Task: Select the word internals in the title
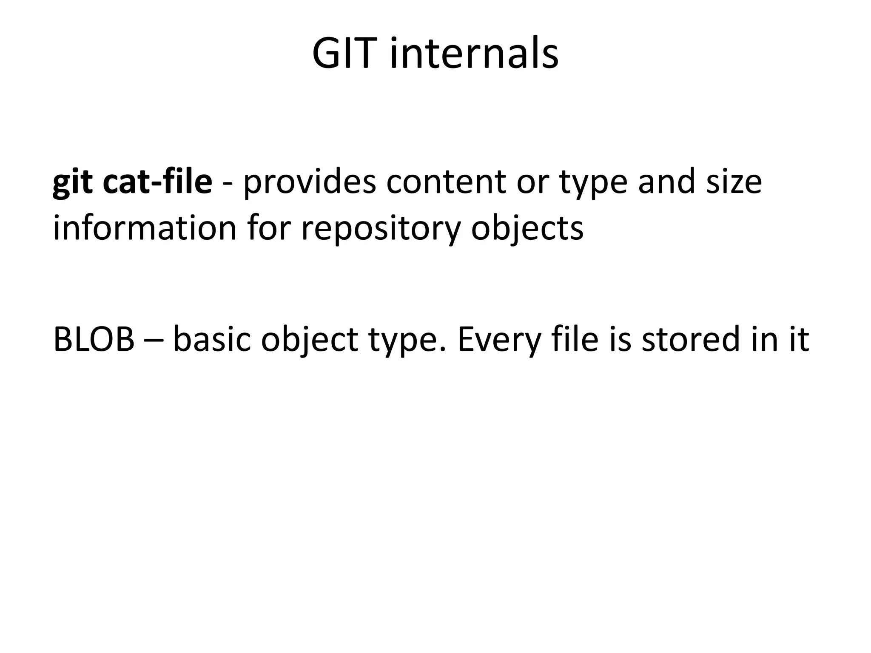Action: (x=474, y=54)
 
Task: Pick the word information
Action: (x=145, y=228)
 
